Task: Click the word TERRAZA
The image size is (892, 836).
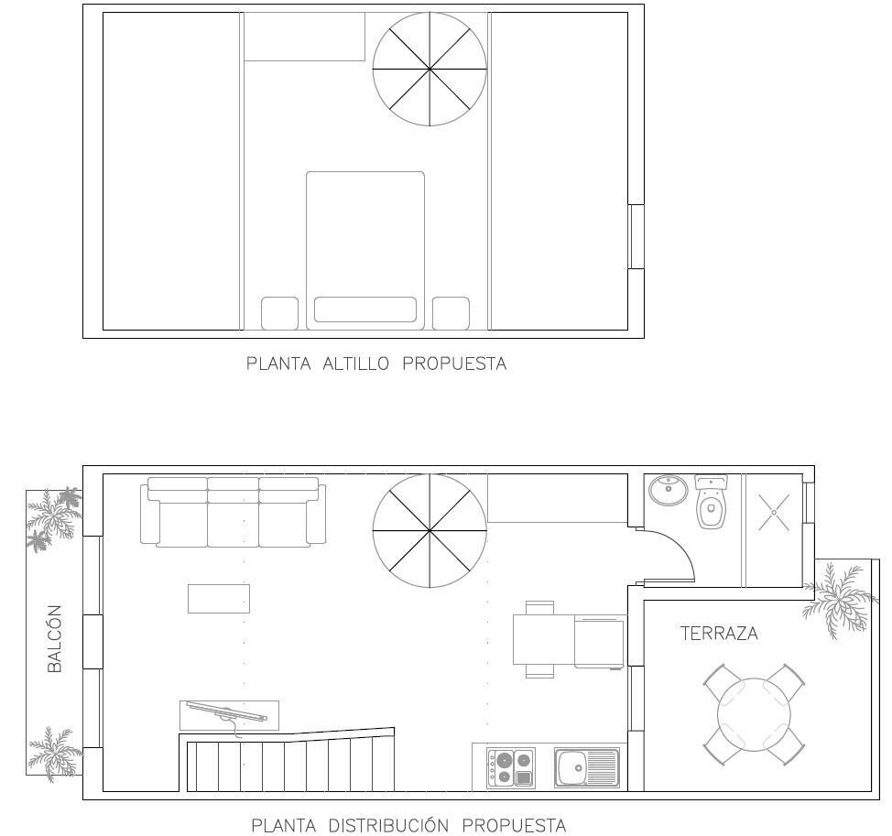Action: [x=719, y=633]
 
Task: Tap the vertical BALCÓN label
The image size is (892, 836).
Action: [x=55, y=638]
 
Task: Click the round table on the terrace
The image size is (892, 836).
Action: [x=754, y=713]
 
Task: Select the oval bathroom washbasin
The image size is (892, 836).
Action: [x=668, y=490]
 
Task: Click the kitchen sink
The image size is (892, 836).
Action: [x=586, y=767]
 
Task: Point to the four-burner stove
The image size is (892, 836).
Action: [x=511, y=767]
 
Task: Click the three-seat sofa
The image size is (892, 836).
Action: [x=233, y=510]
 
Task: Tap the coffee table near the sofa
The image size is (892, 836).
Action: [x=218, y=598]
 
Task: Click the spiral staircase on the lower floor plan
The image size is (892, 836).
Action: [x=429, y=531]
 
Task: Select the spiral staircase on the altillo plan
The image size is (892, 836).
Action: [x=429, y=70]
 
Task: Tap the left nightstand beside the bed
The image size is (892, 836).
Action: [x=279, y=313]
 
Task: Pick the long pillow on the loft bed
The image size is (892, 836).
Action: [x=364, y=309]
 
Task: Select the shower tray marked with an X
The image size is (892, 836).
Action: [x=774, y=513]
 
